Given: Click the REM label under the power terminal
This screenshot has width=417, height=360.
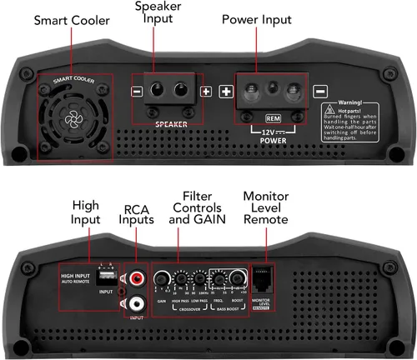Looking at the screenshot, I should pos(272,117).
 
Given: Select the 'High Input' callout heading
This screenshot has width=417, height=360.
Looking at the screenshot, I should pos(85,212).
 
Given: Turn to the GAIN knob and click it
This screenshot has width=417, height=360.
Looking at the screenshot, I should pos(160,279).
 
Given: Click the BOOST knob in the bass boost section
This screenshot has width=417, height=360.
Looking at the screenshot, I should pos(236,279).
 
